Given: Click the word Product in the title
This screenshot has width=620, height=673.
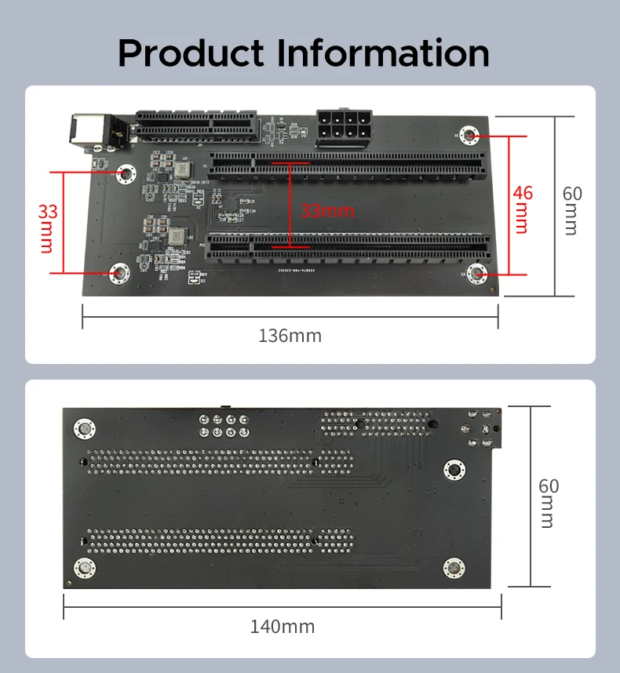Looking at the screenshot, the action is pos(191,53).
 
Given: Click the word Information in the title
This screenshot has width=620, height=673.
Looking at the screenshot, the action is pos(384,53).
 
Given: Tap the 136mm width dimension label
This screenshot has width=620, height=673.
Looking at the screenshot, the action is pos(290,336).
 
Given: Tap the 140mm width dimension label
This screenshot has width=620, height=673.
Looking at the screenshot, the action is pos(283,627).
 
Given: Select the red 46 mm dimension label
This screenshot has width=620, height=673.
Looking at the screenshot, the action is pos(521,209).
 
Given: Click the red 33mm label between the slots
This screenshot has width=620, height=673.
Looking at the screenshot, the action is pos(328,210).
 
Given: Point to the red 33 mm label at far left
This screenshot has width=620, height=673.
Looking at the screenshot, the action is pos(47,227).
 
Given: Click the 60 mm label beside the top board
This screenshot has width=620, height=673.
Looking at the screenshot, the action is pos(573,209).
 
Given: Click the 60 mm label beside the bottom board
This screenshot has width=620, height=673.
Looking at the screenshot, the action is pos(549,502).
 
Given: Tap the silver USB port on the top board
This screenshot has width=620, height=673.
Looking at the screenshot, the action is pos(87,131).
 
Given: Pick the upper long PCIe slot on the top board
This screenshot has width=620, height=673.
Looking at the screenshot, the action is pos(348,164).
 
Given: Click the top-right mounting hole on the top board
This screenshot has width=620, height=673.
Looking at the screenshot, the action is pos(471,136).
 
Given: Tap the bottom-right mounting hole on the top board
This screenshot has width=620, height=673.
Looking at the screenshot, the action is pos(477,273).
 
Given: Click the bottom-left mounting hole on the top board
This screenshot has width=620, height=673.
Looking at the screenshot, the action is pos(120,273).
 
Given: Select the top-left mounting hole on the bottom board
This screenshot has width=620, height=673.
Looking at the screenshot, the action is pos(84,428).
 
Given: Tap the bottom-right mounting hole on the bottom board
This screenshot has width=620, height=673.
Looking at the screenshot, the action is pos(453,567).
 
